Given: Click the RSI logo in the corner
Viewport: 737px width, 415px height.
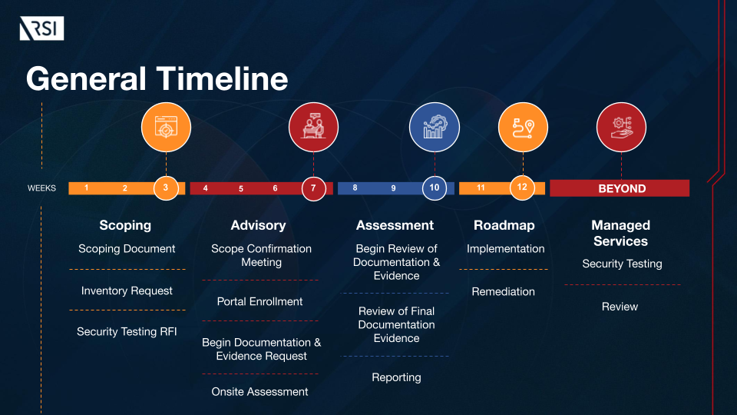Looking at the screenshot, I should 41,29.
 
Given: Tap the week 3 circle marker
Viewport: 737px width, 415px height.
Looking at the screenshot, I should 166,188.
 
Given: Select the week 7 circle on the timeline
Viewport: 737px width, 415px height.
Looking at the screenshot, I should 313,188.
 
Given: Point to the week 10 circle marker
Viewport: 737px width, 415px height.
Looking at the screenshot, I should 435,188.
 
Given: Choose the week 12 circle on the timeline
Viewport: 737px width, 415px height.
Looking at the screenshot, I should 522,188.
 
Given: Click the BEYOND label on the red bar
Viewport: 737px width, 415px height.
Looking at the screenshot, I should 622,188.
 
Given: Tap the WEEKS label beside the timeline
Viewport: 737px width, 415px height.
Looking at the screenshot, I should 41,188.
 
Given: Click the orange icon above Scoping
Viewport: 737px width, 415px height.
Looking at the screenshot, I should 166,127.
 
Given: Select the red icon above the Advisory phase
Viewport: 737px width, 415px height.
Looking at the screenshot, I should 313,127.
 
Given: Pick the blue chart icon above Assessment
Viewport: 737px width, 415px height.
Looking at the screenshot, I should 435,127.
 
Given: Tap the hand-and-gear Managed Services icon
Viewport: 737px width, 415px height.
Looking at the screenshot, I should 622,127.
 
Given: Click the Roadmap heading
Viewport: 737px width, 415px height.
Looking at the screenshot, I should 504,225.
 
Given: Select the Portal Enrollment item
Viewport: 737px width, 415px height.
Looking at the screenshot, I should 260,301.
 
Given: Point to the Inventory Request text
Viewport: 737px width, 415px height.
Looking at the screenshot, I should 127,290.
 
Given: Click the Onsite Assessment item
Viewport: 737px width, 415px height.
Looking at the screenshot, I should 260,392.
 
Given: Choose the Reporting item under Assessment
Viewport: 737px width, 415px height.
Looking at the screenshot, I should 396,377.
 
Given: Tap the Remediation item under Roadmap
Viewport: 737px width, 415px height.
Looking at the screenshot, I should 504,291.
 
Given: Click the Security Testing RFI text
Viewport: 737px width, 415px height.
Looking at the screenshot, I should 127,332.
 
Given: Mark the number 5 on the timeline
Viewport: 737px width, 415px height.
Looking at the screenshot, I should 241,188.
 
